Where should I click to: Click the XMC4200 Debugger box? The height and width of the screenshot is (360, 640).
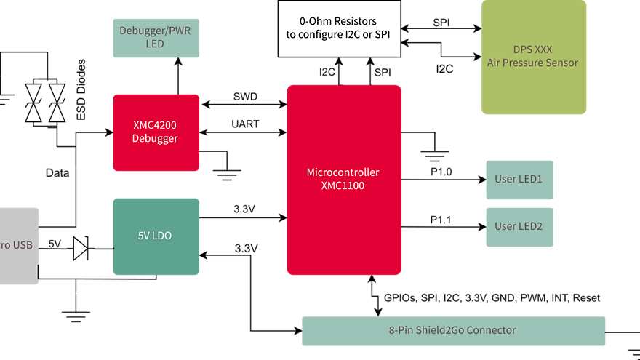[156, 132]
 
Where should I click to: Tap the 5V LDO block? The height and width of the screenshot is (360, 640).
[156, 236]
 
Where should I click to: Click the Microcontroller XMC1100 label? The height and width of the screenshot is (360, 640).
[344, 180]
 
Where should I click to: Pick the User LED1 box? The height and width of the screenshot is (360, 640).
[519, 180]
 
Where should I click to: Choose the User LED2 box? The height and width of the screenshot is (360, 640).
[519, 226]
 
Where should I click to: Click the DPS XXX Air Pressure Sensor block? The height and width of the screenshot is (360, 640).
[533, 57]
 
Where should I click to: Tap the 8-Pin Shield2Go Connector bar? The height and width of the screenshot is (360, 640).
[452, 331]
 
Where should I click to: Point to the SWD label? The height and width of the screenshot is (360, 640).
[244, 97]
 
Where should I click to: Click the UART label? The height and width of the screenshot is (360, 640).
[245, 124]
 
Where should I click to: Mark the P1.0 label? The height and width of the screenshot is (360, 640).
[441, 172]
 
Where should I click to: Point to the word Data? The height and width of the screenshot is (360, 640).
[57, 173]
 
